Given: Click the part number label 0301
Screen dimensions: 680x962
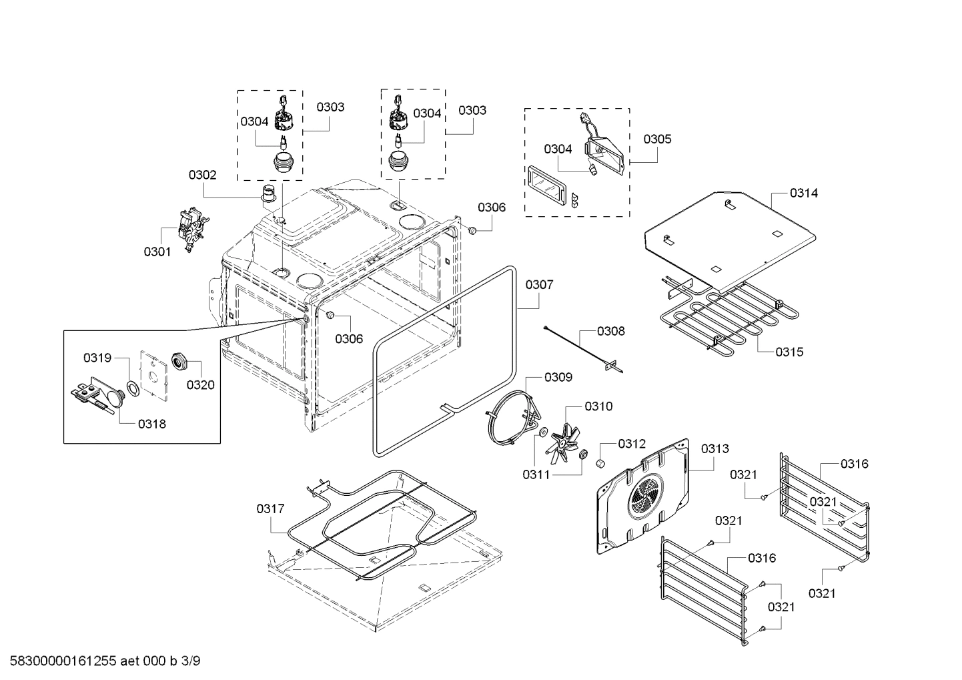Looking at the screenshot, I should point(157,252).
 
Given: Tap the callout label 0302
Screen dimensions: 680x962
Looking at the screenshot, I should point(202,175).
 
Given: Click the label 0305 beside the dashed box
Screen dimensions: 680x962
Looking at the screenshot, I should point(657,139).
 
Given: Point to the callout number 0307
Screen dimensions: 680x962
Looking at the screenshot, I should point(539,285).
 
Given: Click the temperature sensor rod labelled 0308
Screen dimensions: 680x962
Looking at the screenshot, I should point(580,345).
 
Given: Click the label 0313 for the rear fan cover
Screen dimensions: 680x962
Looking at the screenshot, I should point(714,449).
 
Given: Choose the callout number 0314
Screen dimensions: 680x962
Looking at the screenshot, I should point(804,193).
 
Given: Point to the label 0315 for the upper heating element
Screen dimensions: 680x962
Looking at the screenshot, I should point(789,352).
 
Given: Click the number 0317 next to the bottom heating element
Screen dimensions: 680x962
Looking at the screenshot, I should point(270,509).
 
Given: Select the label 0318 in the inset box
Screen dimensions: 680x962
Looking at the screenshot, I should point(152,424).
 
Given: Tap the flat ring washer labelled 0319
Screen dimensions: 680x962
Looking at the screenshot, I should point(132,388).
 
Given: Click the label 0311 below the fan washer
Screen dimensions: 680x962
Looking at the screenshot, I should point(536,474).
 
